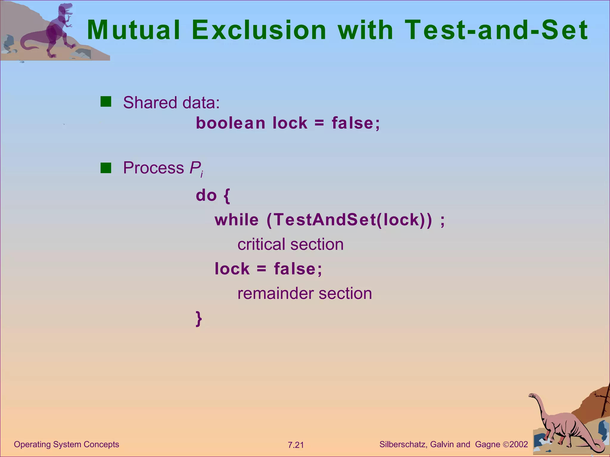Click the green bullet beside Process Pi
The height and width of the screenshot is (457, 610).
click(106, 168)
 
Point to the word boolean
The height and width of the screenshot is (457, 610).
click(230, 123)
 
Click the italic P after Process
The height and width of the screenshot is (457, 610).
click(195, 168)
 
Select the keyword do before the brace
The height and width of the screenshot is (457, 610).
click(206, 195)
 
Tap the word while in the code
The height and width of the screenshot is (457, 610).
click(236, 220)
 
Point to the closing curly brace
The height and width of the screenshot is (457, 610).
click(199, 319)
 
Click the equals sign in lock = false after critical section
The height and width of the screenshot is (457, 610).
click(261, 269)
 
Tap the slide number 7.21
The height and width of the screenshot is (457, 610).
click(295, 445)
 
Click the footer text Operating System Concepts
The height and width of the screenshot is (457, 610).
click(66, 444)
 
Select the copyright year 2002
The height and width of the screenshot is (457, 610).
click(519, 444)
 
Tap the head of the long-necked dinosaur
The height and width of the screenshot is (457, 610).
click(532, 395)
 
